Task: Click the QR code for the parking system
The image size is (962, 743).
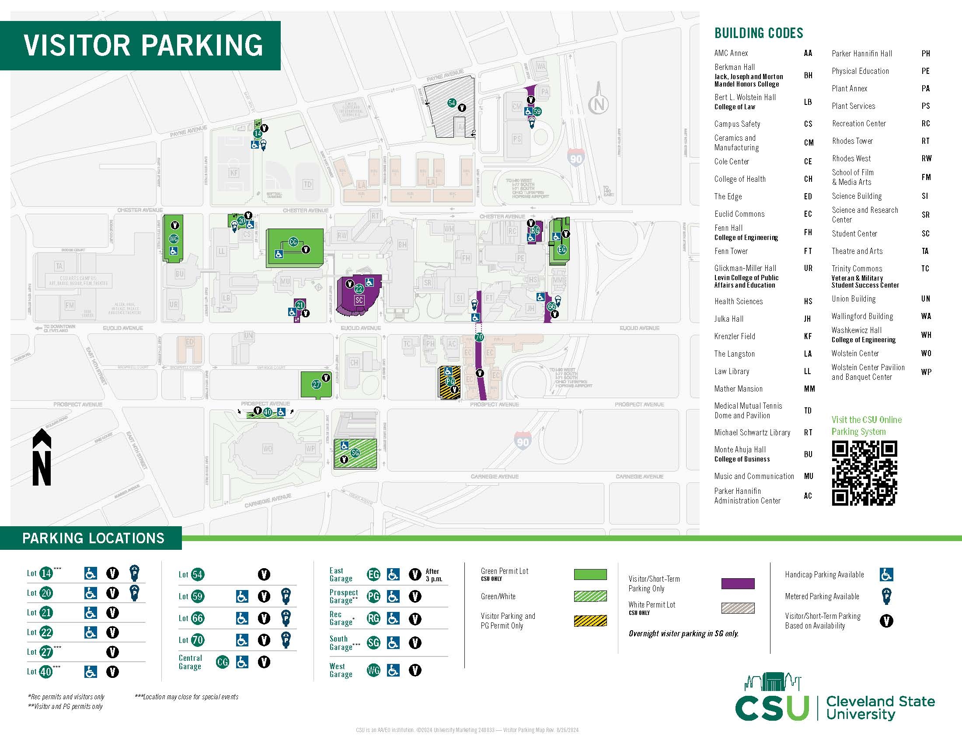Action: (x=864, y=473)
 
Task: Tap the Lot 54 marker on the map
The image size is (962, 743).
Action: (x=452, y=103)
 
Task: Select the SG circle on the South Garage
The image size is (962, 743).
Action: (x=355, y=453)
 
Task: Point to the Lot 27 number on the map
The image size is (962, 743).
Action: (x=316, y=384)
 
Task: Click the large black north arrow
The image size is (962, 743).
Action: (x=42, y=457)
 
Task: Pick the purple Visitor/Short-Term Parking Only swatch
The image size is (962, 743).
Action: (x=738, y=583)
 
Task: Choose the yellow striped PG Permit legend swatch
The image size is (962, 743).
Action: (x=590, y=621)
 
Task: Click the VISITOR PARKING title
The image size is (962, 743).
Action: (x=143, y=45)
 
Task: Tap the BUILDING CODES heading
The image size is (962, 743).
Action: (x=759, y=34)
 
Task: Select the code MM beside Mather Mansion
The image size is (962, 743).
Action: (x=809, y=389)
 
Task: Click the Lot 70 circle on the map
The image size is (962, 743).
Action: (x=479, y=337)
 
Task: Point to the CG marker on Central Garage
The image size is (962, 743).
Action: (x=293, y=242)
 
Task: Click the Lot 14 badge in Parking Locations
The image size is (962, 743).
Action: (x=46, y=573)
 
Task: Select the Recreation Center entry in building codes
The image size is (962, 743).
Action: (x=858, y=124)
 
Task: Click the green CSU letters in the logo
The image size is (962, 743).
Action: (x=772, y=708)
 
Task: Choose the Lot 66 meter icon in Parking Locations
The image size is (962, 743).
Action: (x=286, y=618)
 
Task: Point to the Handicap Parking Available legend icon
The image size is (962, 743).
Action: (x=886, y=574)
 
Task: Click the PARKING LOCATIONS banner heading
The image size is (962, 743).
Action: (x=94, y=538)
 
